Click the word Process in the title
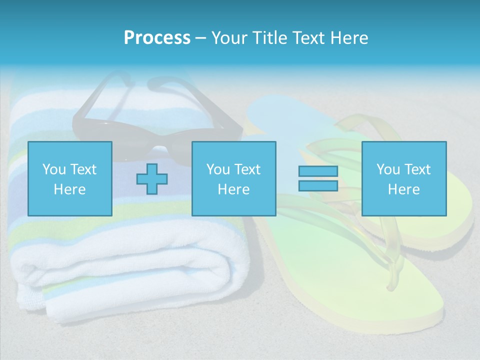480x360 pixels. coord(157,38)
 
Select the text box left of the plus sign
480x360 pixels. coord(70,178)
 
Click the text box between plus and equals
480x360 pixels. coord(233,178)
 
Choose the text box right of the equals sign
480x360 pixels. coord(403,178)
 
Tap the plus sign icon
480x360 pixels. coord(152,178)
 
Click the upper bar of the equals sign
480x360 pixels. coord(318,171)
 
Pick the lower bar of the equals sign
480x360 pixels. coord(318,185)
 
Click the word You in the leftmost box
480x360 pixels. coord(54,169)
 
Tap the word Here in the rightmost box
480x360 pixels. coord(403,189)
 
